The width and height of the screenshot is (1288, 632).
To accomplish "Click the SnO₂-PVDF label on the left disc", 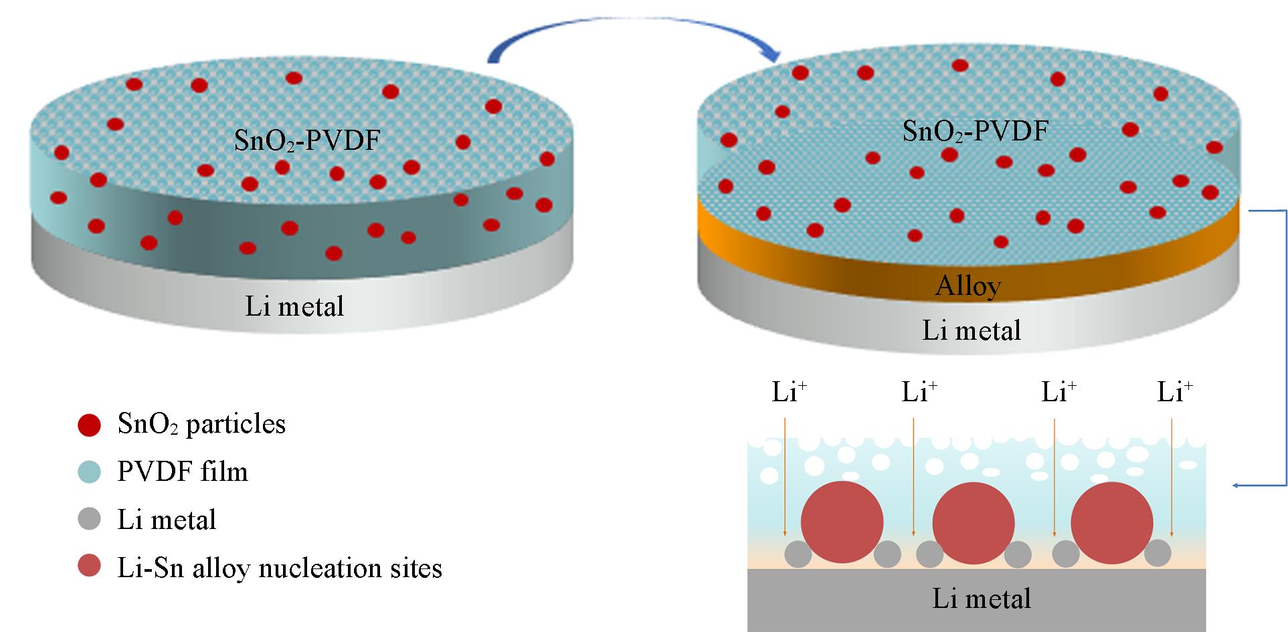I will [307, 141].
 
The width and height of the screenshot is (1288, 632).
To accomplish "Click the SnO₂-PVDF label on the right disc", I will [975, 131].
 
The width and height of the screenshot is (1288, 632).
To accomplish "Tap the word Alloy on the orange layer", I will [968, 286].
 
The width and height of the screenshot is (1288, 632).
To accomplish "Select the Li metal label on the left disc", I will [294, 306].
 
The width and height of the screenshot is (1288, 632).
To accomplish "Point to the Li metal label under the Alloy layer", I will [972, 330].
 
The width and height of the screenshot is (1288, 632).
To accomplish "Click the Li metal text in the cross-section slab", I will [982, 599].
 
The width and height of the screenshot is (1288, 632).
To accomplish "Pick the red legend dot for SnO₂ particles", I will [89, 425].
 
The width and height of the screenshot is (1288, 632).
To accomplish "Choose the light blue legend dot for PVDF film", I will [89, 472].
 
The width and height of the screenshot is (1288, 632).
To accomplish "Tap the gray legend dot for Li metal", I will [89, 520].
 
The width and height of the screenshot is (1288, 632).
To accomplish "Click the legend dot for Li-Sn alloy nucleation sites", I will [89, 567].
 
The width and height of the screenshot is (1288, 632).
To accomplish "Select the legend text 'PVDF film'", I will [183, 472].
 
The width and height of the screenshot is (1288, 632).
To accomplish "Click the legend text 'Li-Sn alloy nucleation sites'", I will [280, 568].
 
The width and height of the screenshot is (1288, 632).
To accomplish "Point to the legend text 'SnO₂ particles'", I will [201, 424].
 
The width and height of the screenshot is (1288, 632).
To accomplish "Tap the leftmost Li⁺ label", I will [790, 392].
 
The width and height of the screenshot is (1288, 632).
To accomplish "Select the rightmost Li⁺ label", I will [1175, 392].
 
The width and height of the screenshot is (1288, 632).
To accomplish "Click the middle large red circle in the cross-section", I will [974, 522].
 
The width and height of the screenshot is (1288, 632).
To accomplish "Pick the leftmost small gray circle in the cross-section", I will [798, 554].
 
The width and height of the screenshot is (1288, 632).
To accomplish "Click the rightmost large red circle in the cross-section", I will [1112, 522].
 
